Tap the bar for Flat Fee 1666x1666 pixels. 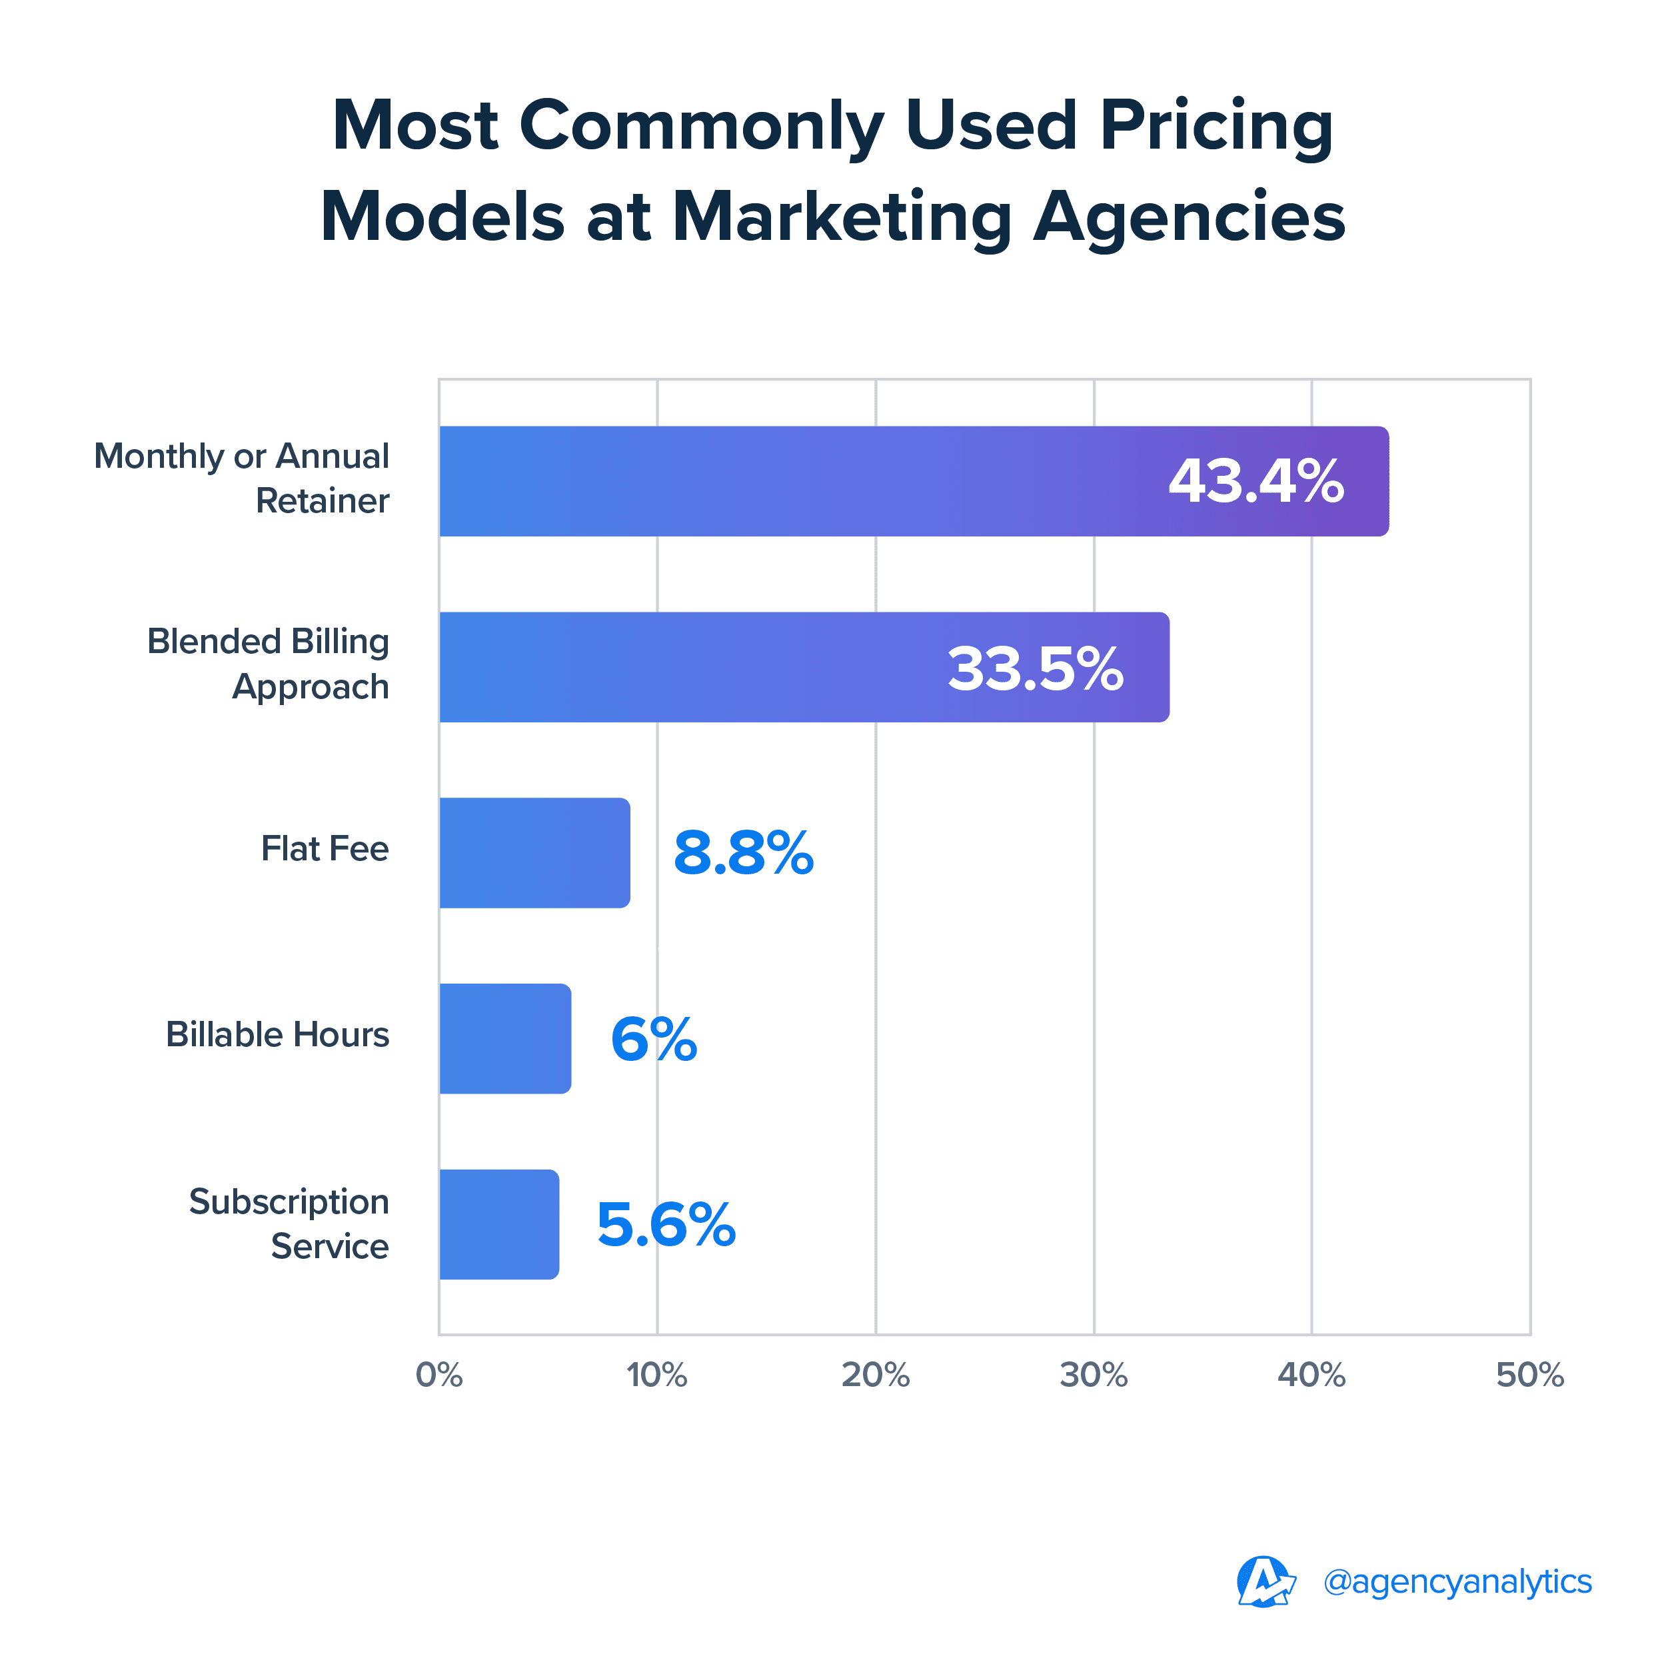534,853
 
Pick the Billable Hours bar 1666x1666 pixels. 505,1038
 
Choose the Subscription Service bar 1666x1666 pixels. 499,1224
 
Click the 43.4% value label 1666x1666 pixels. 1255,481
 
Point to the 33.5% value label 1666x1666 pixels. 1036,668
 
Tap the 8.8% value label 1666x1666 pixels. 743,854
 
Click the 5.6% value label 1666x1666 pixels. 666,1226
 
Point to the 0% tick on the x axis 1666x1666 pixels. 439,1375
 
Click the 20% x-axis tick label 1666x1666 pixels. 875,1375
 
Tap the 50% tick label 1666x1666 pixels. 1530,1375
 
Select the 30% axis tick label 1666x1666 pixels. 1094,1375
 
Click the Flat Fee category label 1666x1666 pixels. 325,848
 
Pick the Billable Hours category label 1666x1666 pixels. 278,1034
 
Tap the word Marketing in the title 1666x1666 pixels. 842,217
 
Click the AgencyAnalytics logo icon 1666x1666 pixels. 1265,1581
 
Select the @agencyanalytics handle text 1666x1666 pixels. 1457,1581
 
